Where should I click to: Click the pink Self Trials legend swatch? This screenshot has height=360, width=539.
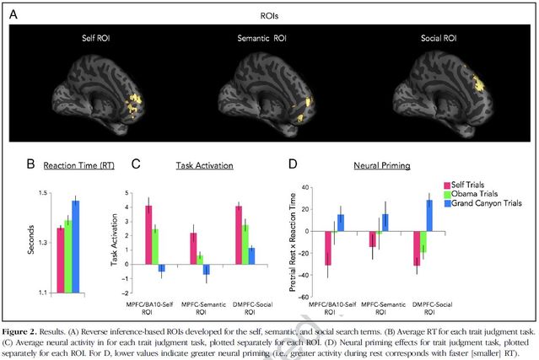[x=448, y=184]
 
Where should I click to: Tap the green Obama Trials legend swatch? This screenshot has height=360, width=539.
[x=448, y=194]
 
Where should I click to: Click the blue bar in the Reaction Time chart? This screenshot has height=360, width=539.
[x=76, y=245]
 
